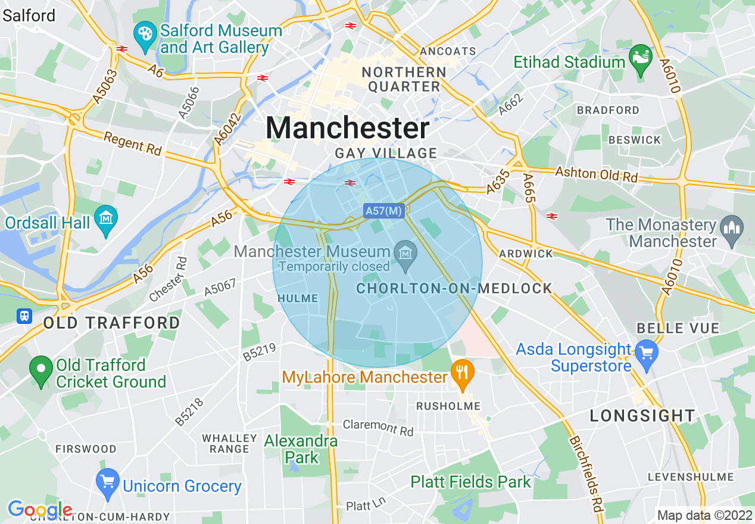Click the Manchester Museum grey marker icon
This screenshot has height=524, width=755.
click(x=405, y=254)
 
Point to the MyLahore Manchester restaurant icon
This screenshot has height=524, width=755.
click(x=461, y=374)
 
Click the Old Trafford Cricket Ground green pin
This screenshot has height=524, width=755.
click(x=41, y=370)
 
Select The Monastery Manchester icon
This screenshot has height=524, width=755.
click(x=729, y=227)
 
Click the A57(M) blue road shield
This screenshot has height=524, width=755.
click(x=384, y=210)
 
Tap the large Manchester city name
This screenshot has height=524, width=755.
click(x=347, y=128)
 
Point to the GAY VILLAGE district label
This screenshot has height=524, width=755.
click(x=386, y=154)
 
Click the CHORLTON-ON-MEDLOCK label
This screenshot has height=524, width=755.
click(x=454, y=289)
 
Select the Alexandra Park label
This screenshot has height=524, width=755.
click(x=301, y=449)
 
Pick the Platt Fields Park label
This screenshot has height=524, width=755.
click(x=470, y=482)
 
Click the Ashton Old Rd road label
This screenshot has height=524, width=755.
click(x=596, y=174)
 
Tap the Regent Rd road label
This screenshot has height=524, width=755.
click(x=132, y=144)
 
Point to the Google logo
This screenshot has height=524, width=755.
click(x=39, y=510)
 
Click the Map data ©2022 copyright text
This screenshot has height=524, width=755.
click(x=703, y=515)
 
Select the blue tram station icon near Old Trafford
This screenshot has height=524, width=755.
click(x=24, y=316)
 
